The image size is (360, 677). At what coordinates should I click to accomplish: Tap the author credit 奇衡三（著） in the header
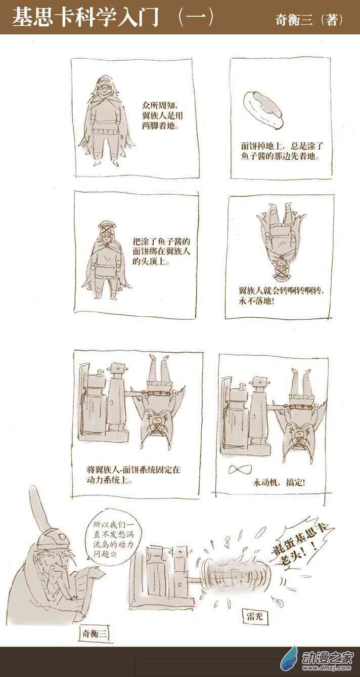309,20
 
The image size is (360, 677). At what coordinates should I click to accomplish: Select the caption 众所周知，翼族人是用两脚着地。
162,115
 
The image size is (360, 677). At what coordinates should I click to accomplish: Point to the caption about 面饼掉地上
282,151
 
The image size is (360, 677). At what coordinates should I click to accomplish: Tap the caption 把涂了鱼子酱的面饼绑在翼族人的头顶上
162,251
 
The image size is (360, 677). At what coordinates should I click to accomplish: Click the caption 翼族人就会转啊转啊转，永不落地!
281,296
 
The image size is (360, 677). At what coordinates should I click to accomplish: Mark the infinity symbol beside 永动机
240,470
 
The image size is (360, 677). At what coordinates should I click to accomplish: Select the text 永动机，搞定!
279,482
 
